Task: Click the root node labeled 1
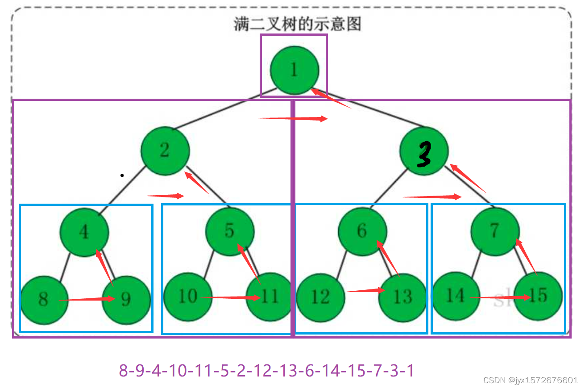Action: point(295,70)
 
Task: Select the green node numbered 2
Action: point(165,151)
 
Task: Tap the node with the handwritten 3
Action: point(423,151)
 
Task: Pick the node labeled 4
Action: point(85,232)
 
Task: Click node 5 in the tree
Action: point(230,231)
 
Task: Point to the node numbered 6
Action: point(362,231)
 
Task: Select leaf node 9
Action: point(126,299)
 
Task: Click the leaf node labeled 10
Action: point(188,297)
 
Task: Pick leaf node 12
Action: point(321,297)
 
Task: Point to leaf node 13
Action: point(402,297)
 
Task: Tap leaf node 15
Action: point(538,296)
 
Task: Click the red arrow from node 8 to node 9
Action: point(87,300)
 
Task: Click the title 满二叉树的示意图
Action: point(298,24)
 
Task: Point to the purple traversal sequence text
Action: point(266,370)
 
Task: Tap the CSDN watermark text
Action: point(531,380)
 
